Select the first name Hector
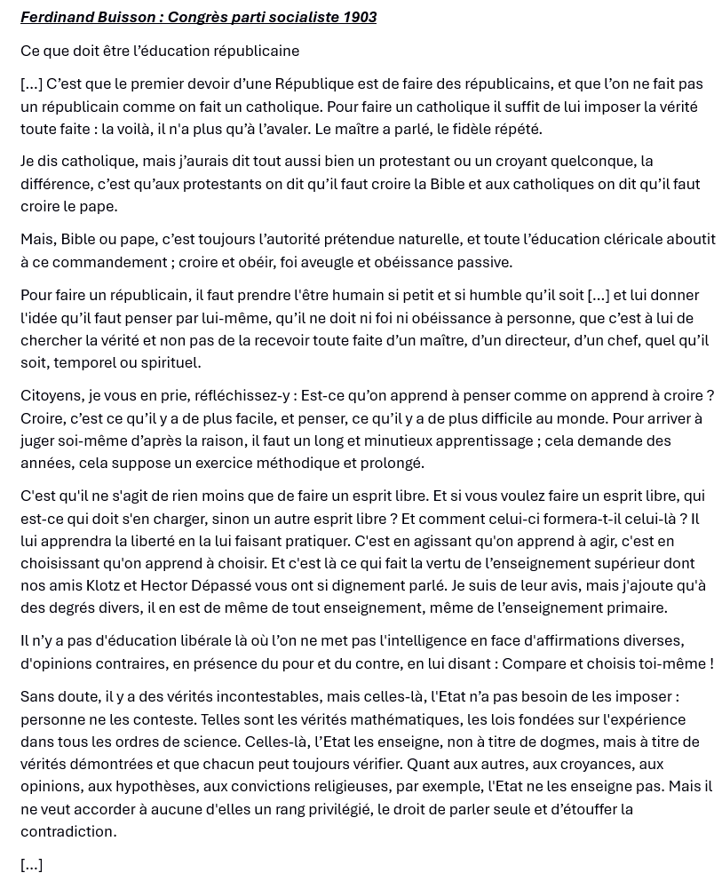click(168, 585)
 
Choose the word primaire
click(635, 607)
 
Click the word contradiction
click(69, 831)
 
